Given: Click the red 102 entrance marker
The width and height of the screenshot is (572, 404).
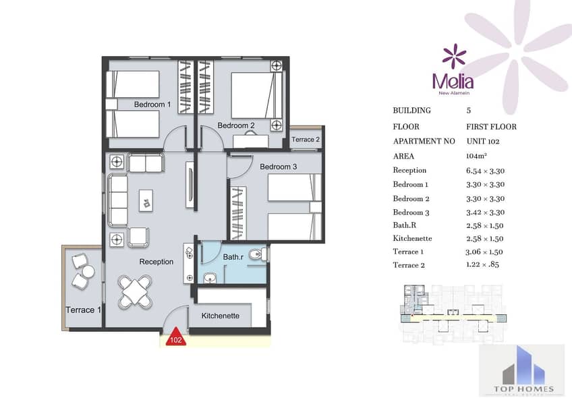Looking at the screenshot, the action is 176,338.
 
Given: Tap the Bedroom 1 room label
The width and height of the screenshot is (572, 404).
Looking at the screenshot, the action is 152,105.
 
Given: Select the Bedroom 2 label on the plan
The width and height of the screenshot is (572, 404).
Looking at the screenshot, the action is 236,125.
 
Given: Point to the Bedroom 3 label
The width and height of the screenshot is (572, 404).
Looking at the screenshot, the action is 279,167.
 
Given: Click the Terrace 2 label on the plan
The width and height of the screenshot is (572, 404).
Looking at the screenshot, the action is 306,140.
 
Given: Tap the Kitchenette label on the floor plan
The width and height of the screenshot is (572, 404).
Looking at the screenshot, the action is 221,316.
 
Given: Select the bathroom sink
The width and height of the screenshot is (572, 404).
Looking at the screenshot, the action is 210,279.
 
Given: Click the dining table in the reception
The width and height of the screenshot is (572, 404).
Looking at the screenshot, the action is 135,291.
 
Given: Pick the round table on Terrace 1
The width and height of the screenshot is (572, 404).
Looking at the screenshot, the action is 88,271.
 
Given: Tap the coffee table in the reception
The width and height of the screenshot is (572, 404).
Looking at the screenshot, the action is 146,200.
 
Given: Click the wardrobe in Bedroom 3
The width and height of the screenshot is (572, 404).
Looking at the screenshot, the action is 238,213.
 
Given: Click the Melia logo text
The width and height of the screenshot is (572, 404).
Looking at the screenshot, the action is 453,82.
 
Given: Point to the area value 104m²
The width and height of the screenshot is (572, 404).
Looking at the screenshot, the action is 476,156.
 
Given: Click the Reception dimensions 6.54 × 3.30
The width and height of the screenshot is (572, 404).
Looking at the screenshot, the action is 485,171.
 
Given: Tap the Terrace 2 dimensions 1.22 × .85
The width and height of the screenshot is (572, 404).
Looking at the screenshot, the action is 482,264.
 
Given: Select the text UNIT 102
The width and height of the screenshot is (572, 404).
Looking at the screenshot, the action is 483,142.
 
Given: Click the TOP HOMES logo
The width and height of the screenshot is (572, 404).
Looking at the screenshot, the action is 523,371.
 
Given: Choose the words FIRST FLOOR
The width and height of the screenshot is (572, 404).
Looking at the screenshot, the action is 491,127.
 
